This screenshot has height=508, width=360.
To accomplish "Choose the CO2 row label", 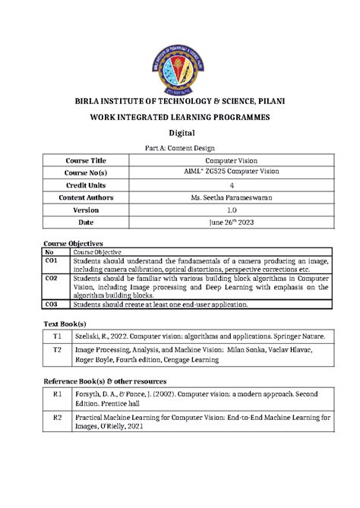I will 52,278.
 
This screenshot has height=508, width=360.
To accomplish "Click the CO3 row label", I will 52,304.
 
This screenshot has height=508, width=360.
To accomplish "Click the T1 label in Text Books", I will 56,335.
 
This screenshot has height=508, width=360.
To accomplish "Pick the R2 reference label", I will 56,417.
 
